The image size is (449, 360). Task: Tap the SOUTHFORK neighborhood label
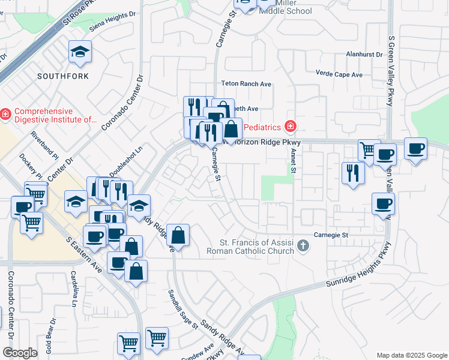pos(63,76)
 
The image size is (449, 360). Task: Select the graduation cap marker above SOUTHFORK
pos(79,53)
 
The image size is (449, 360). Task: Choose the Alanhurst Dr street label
pos(364,54)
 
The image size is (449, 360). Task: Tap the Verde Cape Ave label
pos(339,75)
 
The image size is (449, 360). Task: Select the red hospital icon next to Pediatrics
pos(291,126)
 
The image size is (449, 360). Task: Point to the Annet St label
pos(294,161)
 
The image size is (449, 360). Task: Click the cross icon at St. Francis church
pos(304,245)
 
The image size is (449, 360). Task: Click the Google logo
pos(20,353)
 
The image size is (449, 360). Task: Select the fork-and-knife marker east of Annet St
pos(352,173)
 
